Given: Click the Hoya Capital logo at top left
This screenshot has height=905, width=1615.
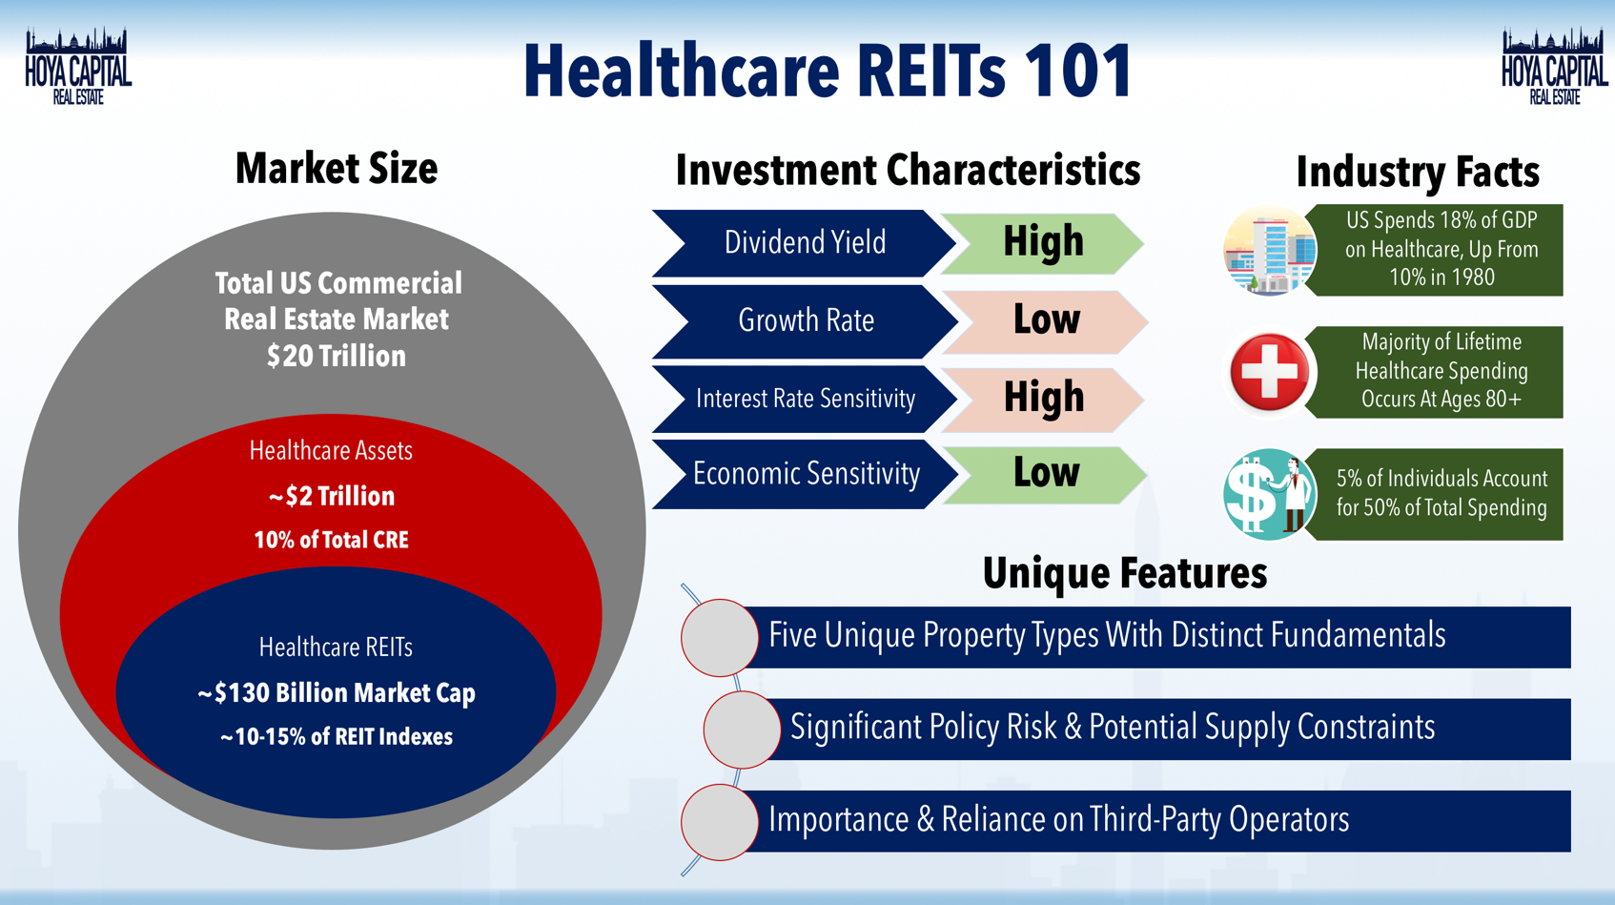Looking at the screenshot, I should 78,67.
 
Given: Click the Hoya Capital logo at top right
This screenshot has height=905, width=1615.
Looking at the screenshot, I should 1554,67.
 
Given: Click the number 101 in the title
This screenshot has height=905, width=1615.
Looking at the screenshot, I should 1077,72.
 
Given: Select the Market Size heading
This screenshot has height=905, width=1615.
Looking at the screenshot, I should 337,169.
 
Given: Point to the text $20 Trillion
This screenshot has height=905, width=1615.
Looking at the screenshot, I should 337,357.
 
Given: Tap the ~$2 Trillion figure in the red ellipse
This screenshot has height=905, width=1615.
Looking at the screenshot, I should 331,496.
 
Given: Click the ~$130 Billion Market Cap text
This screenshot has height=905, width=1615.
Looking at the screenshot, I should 337,693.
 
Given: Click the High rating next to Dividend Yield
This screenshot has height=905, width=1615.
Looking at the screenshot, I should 1043,242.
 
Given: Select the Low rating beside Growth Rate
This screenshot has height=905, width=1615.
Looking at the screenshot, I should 1046,320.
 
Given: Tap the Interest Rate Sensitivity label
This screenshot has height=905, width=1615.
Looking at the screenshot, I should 806,399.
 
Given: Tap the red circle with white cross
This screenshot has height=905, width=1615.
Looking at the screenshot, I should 1269,372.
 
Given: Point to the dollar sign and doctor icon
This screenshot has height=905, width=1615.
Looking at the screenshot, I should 1269,494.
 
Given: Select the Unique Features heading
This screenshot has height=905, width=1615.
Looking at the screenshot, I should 1125,573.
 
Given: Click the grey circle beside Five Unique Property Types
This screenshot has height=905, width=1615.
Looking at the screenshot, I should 720,637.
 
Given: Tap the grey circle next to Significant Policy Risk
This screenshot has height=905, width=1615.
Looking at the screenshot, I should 742,730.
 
